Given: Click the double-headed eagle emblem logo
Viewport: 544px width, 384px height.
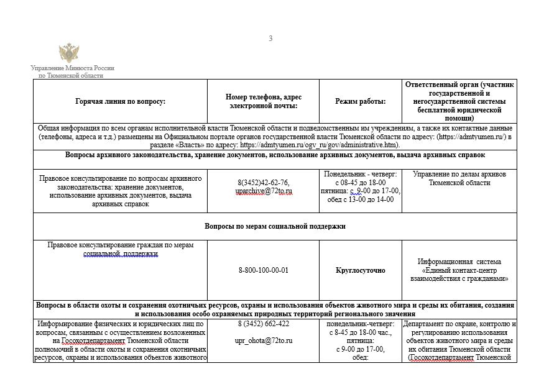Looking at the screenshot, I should [x=68, y=52].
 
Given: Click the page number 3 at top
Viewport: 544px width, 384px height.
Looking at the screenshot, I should [x=270, y=39].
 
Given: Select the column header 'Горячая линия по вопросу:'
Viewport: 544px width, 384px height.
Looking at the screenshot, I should [x=120, y=101].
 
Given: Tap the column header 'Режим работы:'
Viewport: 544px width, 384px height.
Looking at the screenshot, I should [x=360, y=101].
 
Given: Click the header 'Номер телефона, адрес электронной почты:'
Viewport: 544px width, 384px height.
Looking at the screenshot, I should [x=264, y=101].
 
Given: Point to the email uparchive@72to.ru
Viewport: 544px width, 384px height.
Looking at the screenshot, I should [x=264, y=191].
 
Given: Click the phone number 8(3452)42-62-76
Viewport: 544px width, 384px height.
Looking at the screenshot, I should [x=264, y=182].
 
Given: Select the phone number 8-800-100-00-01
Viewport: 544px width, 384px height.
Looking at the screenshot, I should [x=264, y=270].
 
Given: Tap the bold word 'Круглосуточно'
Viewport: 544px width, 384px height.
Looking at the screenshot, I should [x=360, y=270].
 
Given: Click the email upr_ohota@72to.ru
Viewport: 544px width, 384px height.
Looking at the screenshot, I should [x=264, y=341].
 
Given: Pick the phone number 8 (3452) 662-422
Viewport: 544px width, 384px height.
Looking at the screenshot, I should [x=264, y=324].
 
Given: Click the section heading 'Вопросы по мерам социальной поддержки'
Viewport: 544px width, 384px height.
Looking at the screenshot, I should [x=275, y=226].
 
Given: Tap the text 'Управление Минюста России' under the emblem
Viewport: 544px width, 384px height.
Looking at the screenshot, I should [x=73, y=68].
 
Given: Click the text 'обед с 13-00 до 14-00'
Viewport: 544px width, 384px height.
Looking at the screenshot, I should [x=360, y=199].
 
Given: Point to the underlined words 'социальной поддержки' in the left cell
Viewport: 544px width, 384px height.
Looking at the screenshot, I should [x=121, y=254].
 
